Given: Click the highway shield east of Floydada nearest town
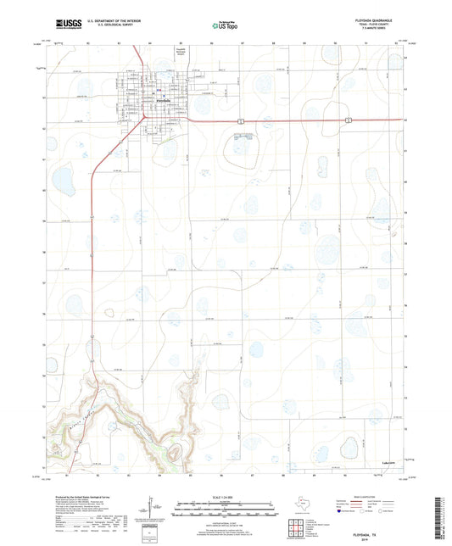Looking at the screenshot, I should click(x=241, y=121).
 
